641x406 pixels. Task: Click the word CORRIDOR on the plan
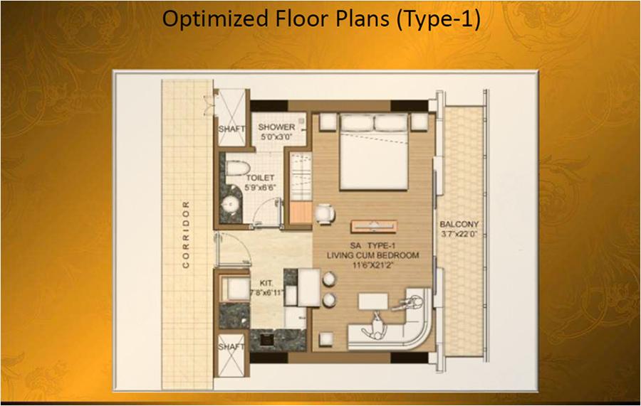click(186, 234)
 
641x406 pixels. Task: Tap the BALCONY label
click(459, 224)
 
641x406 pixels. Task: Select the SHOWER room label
click(276, 127)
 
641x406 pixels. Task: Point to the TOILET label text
click(260, 178)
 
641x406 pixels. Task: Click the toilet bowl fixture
click(237, 168)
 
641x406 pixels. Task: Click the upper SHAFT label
click(231, 129)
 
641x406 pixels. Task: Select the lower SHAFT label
click(231, 347)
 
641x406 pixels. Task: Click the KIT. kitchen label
click(267, 283)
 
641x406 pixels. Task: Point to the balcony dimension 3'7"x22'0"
click(459, 234)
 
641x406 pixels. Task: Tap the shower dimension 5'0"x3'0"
click(276, 137)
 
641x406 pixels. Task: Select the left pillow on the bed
click(357, 123)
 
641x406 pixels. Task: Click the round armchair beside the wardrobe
click(325, 214)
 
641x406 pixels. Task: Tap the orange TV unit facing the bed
click(374, 226)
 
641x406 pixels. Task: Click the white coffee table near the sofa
click(373, 301)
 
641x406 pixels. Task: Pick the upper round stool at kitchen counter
click(329, 279)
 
